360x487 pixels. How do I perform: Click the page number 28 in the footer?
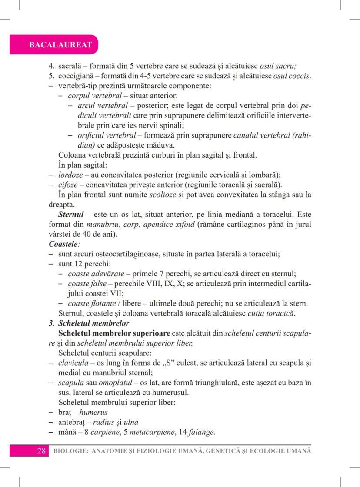coord(42,450)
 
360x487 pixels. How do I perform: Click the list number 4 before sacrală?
coord(50,67)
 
